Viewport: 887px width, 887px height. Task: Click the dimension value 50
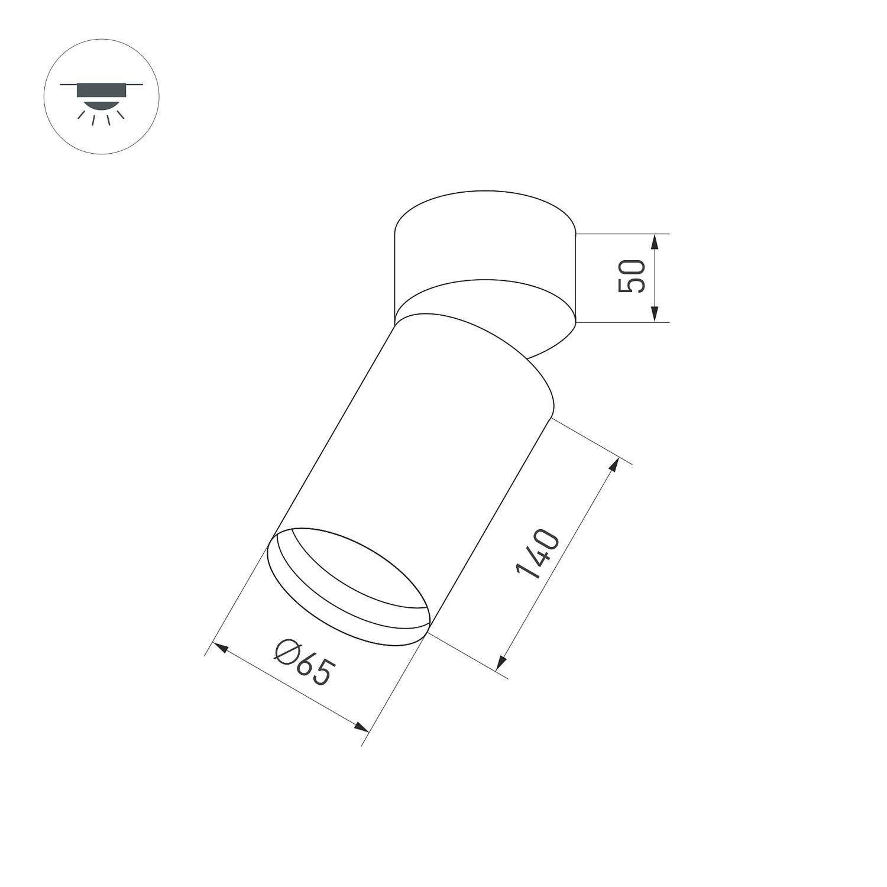pyautogui.click(x=631, y=276)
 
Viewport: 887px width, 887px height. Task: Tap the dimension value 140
pyautogui.click(x=538, y=554)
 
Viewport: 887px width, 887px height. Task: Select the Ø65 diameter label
pyautogui.click(x=304, y=663)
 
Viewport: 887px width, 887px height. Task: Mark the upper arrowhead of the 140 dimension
pyautogui.click(x=614, y=465)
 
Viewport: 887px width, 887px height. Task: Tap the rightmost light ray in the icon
pyautogui.click(x=121, y=114)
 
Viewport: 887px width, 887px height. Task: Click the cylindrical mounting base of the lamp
pyautogui.click(x=485, y=248)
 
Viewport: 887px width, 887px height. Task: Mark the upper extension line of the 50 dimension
pyautogui.click(x=621, y=234)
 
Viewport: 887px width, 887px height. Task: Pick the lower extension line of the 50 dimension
pyautogui.click(x=621, y=322)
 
